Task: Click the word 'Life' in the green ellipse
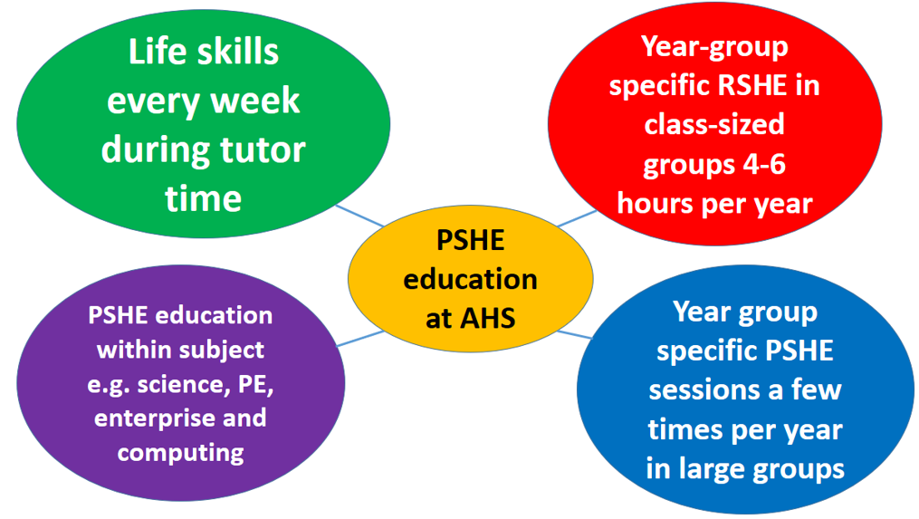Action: [157, 52]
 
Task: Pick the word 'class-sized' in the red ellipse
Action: [714, 124]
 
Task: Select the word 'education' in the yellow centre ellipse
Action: [470, 279]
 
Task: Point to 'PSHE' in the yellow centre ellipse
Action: [470, 240]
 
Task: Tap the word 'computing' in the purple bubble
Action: [180, 453]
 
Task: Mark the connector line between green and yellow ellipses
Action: [359, 216]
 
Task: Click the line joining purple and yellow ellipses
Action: [360, 339]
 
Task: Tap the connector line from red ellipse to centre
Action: [577, 218]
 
